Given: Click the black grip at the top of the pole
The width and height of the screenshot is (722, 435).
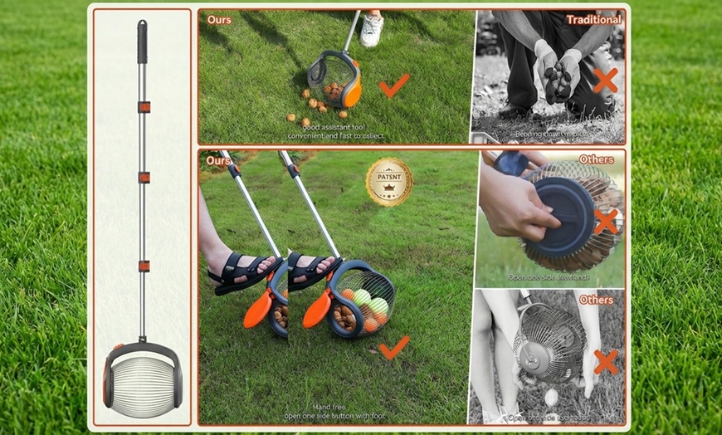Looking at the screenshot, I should pos(142,42).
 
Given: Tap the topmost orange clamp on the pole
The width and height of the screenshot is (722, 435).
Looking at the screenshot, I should pos(144,107).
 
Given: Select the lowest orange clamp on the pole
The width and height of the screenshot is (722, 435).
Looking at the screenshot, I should pos(144,266).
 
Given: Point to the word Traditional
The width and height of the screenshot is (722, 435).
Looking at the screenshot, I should pos(593,19).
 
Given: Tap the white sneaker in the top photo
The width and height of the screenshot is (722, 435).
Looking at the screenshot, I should pos(372,31).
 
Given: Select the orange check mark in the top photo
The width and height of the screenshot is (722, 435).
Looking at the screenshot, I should pos(393,85).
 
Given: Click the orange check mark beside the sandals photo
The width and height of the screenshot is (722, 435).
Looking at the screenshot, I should pos(393,346).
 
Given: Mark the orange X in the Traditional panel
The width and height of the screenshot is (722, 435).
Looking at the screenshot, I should pos(605,80).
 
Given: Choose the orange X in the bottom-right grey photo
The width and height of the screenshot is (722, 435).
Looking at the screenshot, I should pos(606,361).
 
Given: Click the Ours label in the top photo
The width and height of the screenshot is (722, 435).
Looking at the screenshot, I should pos(219,19).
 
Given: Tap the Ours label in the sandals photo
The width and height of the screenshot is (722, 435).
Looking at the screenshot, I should pos(219,160).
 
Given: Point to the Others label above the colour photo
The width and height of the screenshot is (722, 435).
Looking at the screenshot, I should pos(597,159).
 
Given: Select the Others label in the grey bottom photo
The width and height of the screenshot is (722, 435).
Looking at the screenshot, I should pos(596,299).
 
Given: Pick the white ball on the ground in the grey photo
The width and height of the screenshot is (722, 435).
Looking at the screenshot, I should pos(551,397).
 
